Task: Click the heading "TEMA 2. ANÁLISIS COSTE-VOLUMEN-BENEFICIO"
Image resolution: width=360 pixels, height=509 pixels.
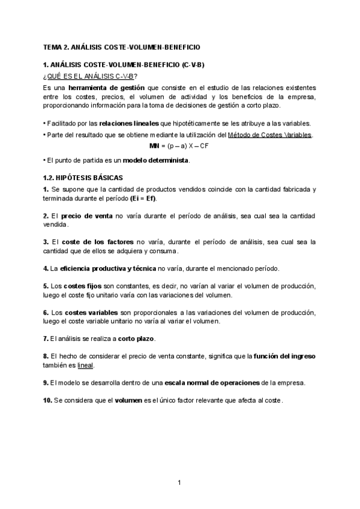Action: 122,46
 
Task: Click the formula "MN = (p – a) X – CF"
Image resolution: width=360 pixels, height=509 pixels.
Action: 179,145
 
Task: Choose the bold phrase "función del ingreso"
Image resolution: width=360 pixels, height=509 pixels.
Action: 286,356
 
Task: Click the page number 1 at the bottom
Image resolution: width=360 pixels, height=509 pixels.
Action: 179,482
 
